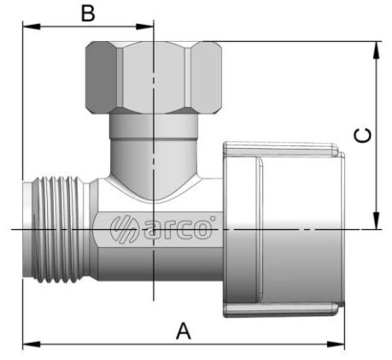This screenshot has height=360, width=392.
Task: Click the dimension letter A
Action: tap(184, 331)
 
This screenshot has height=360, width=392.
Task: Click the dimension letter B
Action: tap(88, 13)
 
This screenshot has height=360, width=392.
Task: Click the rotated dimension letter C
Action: tap(362, 135)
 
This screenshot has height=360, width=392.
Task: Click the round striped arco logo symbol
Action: tap(124, 228)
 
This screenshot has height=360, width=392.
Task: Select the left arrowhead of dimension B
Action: tap(32, 27)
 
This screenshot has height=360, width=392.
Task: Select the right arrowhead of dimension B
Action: tap(144, 27)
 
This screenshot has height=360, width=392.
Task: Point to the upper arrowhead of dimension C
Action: tap(377, 50)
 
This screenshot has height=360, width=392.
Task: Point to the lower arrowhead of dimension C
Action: tap(377, 221)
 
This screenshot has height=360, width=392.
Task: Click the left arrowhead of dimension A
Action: tap(32, 345)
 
